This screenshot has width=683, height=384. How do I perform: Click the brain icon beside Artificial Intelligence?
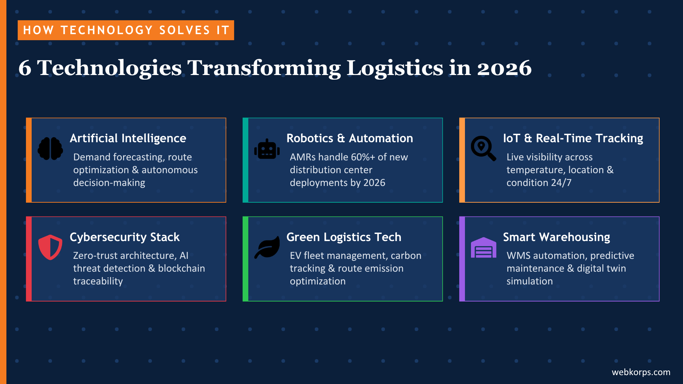pyautogui.click(x=50, y=148)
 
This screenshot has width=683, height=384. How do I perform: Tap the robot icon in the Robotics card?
pyautogui.click(x=267, y=149)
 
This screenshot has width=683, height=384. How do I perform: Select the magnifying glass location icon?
pyautogui.click(x=483, y=148)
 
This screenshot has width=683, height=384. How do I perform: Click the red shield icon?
pyautogui.click(x=50, y=247)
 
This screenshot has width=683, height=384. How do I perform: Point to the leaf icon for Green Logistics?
pyautogui.click(x=267, y=247)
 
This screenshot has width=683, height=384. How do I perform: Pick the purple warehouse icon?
pyautogui.click(x=483, y=247)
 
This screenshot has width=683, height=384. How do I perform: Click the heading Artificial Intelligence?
pyautogui.click(x=128, y=138)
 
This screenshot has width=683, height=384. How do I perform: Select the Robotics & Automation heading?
pyautogui.click(x=349, y=138)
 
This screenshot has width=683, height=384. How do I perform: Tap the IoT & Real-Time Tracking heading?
pyautogui.click(x=573, y=138)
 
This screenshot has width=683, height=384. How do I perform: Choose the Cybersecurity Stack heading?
pyautogui.click(x=125, y=237)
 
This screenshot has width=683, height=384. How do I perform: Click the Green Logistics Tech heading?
pyautogui.click(x=344, y=237)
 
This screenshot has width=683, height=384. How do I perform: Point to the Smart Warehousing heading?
pyautogui.click(x=556, y=237)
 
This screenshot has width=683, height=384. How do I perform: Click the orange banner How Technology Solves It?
pyautogui.click(x=126, y=30)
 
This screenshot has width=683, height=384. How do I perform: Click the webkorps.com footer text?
pyautogui.click(x=641, y=372)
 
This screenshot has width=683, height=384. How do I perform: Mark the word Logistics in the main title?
pyautogui.click(x=395, y=68)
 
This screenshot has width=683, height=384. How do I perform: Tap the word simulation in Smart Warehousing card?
pyautogui.click(x=529, y=281)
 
